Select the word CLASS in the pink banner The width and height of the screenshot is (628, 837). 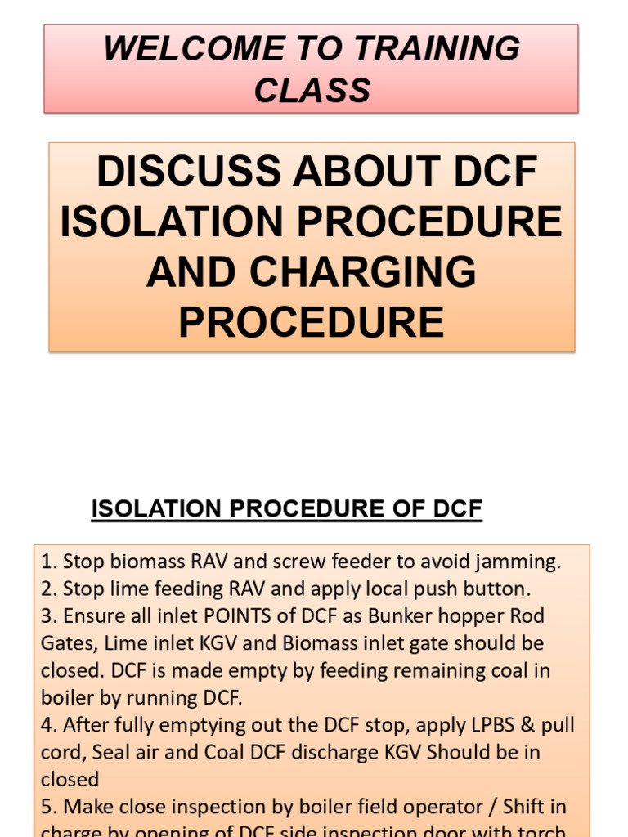[312, 91]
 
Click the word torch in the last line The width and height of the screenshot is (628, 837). [542, 831]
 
